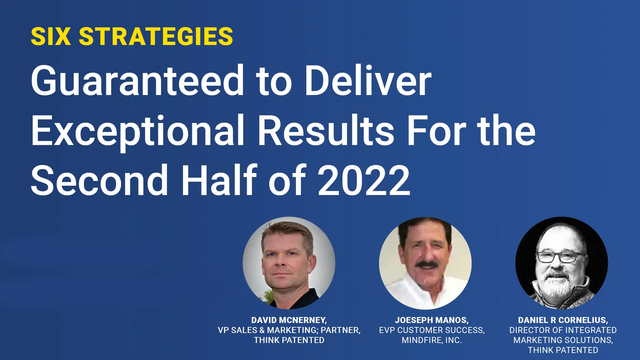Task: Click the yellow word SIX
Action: [x=51, y=36]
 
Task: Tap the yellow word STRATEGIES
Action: [x=156, y=36]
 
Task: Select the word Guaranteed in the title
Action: [x=138, y=80]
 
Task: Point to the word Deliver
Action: [x=368, y=80]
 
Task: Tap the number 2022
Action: [x=364, y=180]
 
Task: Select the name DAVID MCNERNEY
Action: [x=289, y=320]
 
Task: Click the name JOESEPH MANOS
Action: [x=432, y=320]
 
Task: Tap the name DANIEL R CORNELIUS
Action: [x=563, y=320]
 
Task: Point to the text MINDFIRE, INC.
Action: [x=432, y=340]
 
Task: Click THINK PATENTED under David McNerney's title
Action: [x=289, y=340]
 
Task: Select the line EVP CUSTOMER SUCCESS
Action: [x=432, y=330]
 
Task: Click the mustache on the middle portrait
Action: [x=426, y=264]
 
